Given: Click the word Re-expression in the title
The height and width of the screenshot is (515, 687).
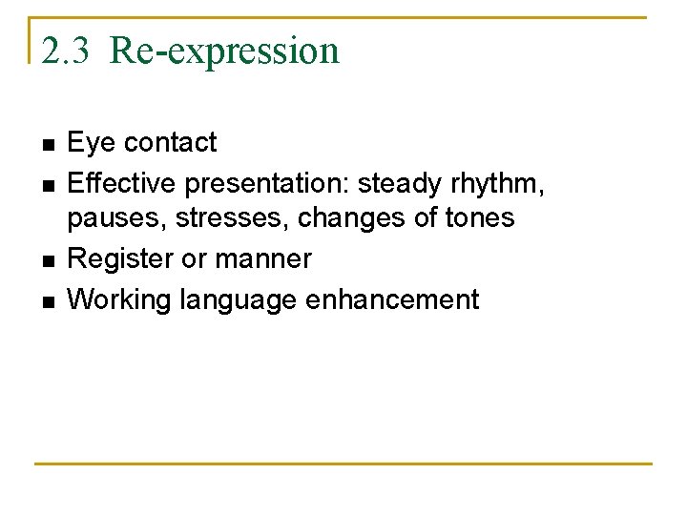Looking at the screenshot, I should pyautogui.click(x=224, y=50).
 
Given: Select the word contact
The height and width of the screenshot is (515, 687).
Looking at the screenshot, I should pyautogui.click(x=171, y=143).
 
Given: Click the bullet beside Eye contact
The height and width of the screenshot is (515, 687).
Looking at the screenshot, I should pyautogui.click(x=48, y=145).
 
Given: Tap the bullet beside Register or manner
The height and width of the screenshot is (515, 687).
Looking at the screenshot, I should pyautogui.click(x=48, y=260).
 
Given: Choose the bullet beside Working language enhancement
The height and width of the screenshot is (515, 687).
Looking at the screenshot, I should pyautogui.click(x=48, y=301).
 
